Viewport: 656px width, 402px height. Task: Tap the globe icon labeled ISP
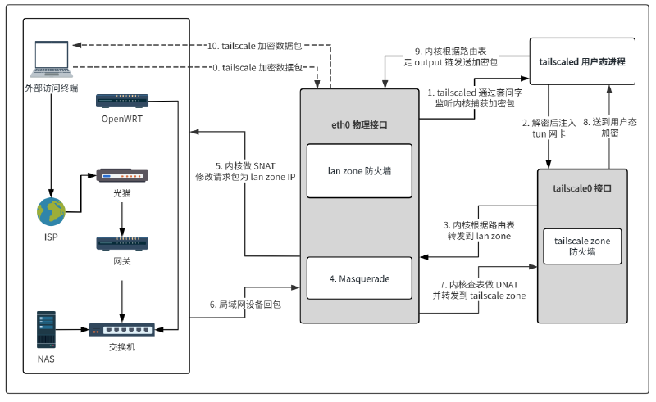pyautogui.click(x=51, y=211)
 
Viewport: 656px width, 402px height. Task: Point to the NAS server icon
pyautogui.click(x=48, y=327)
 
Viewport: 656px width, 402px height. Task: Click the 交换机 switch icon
pyautogui.click(x=121, y=330)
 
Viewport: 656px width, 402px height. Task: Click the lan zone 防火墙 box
pyautogui.click(x=360, y=171)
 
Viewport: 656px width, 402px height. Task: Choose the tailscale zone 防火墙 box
pyautogui.click(x=582, y=247)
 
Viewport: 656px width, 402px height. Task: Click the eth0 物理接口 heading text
pyautogui.click(x=359, y=125)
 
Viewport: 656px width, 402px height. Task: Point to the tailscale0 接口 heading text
pyautogui.click(x=582, y=188)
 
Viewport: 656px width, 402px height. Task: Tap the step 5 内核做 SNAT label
pyautogui.click(x=244, y=170)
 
